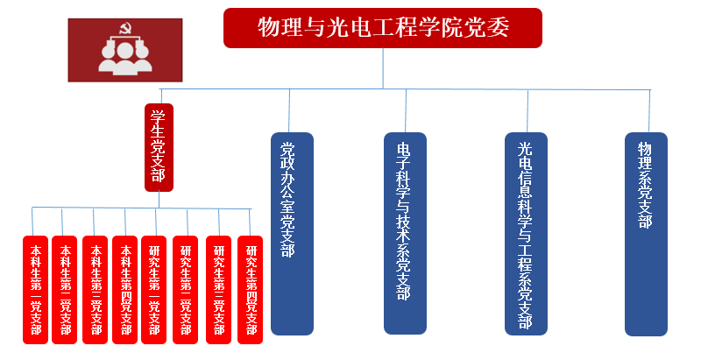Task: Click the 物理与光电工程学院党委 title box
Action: (383, 28)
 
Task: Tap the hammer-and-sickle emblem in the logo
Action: (124, 32)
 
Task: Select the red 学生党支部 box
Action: (159, 147)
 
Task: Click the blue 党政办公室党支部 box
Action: (292, 233)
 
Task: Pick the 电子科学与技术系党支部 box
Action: (405, 233)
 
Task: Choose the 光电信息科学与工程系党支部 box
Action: (527, 233)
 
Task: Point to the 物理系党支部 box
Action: (647, 233)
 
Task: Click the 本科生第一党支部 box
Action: (35, 289)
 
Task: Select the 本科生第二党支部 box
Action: (65, 289)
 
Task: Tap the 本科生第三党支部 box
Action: (95, 289)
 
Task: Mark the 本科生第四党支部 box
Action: (125, 289)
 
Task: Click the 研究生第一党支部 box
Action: (155, 289)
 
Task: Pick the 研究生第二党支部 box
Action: (186, 289)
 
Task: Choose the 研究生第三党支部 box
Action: (218, 289)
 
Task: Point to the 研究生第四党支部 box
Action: (250, 289)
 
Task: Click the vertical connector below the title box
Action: (383, 68)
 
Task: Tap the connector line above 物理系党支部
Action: (649, 110)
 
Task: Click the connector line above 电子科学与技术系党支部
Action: (407, 110)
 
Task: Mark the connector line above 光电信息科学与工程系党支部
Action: (527, 110)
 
